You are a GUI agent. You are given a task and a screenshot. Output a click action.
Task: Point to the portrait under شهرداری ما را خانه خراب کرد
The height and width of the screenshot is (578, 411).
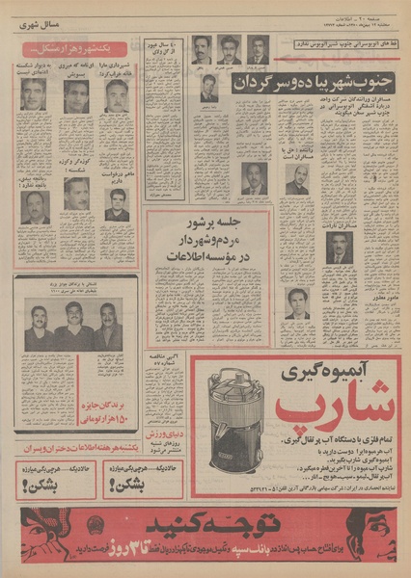click(x=118, y=96)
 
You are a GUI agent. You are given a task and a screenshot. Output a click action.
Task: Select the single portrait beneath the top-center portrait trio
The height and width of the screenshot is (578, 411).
click(x=210, y=91)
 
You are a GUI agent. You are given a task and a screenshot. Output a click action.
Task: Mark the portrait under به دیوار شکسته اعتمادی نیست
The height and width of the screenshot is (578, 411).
click(x=34, y=94)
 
